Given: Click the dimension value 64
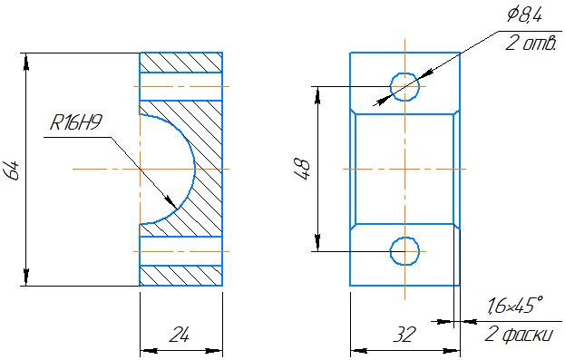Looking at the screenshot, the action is pos(13,170).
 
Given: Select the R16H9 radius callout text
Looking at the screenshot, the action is pos(75,122).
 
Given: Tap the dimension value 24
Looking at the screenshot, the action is pos(180,335).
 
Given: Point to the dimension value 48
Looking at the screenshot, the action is pos(303,170).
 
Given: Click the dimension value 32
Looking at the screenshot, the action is pos(404,335).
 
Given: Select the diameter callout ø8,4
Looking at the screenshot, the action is pos(524,15).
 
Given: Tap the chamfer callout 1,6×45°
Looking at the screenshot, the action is pos(515,306).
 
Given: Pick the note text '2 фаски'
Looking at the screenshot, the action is pos(518,335).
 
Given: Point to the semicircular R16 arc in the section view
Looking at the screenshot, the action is pos(195,169).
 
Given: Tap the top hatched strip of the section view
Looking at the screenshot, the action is pos(180,63).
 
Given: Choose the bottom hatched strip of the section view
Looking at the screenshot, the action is pos(180,276).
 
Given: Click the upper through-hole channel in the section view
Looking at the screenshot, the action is pos(180,87).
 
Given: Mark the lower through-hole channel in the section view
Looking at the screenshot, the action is pos(180,251).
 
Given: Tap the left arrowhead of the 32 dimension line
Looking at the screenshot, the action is pos(359,350).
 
